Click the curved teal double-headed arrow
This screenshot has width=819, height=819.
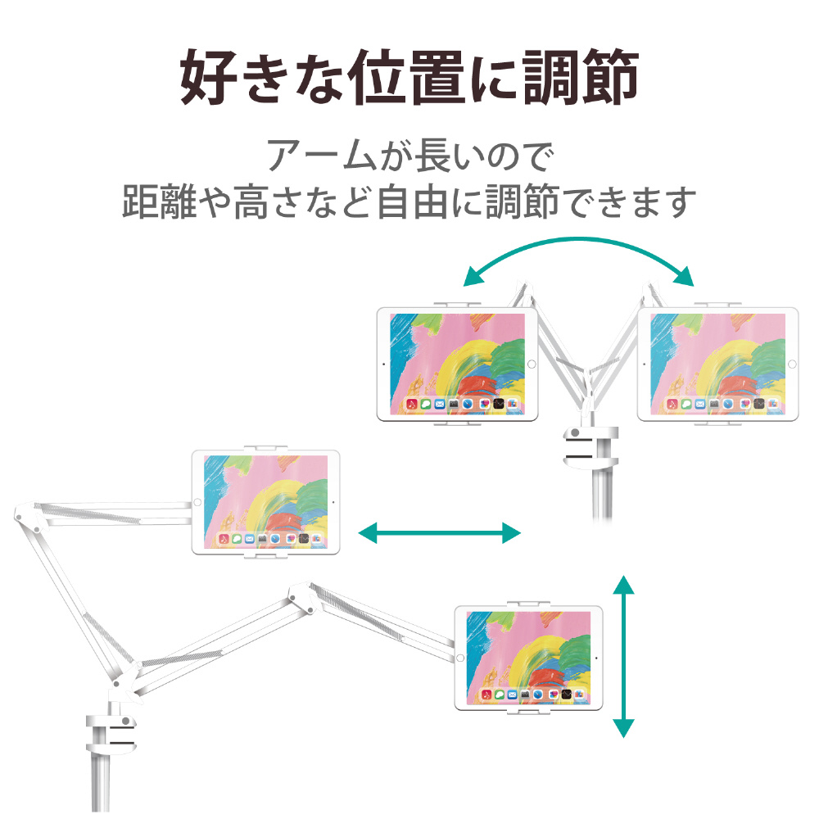point(578,240)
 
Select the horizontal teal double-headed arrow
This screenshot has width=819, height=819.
point(439,533)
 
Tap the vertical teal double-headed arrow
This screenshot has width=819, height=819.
point(623,656)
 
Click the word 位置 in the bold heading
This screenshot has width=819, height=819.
point(408,77)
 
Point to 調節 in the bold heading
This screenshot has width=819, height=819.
point(581,77)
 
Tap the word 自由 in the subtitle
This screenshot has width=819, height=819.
point(413,201)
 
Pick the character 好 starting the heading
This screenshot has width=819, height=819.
point(208,77)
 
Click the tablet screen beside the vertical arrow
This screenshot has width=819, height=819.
point(528,658)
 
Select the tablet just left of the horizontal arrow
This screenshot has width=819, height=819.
point(266,501)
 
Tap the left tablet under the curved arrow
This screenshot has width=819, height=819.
point(457,364)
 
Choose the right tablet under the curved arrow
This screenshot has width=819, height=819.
point(717,364)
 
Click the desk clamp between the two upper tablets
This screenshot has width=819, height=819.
point(590,447)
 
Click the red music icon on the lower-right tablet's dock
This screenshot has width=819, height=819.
point(486,695)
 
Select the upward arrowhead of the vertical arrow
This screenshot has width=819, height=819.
point(623,585)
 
